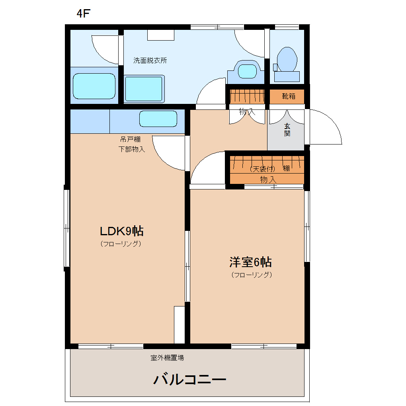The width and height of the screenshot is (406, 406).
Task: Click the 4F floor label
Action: tap(84, 13)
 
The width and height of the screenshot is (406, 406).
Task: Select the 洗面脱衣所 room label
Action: tap(150, 61)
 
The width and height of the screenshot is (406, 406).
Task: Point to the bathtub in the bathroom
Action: tap(94, 86)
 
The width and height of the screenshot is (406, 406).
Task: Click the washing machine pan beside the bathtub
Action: tap(144, 89)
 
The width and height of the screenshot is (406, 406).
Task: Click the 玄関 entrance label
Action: tap(287, 130)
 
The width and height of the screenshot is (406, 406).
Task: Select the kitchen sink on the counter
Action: tap(158, 119)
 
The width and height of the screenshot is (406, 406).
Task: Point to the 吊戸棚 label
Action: tap(130, 140)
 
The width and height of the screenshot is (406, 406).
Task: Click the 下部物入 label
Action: tap(131, 149)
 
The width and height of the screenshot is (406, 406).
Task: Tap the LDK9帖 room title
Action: tap(121, 231)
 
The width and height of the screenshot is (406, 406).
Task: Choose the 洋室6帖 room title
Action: tap(250, 262)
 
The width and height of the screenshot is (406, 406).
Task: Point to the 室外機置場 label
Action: tap(167, 358)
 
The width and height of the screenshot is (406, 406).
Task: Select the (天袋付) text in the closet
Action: tap(263, 169)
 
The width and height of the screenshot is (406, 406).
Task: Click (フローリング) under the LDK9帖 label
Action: tap(121, 244)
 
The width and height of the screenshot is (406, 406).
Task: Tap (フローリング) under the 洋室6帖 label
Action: tap(252, 275)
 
